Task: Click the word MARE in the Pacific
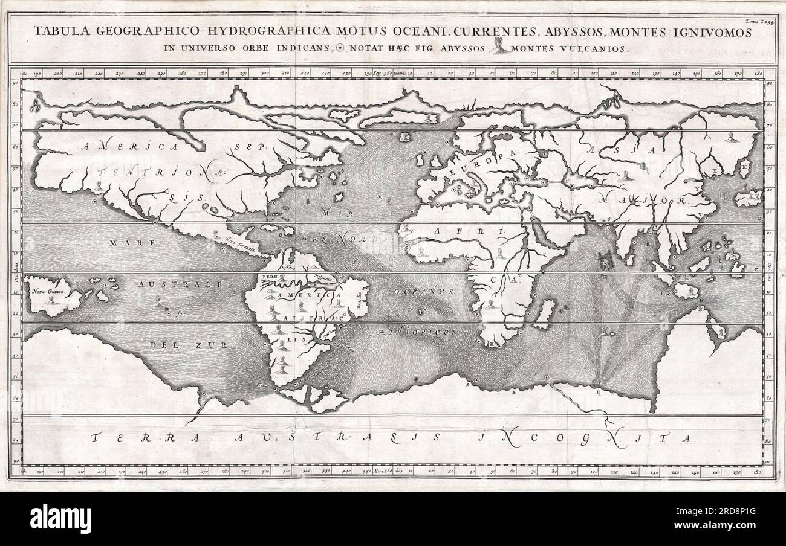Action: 124,242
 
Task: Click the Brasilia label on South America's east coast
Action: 358,297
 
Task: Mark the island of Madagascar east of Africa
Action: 546,313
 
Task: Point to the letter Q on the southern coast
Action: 598,391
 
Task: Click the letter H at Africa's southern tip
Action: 492,344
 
